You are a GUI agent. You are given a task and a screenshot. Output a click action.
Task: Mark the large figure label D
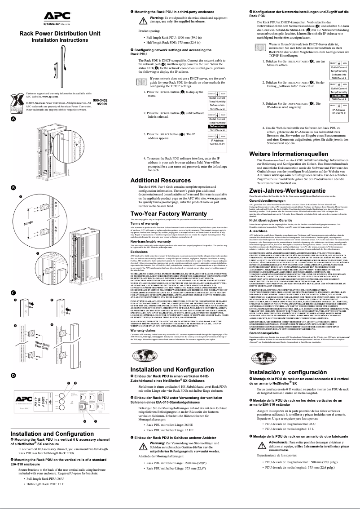click(x=13, y=375)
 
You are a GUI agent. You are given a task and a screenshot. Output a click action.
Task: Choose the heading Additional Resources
click(x=161, y=180)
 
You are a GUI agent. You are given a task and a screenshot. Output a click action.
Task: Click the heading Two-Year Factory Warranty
click(x=168, y=213)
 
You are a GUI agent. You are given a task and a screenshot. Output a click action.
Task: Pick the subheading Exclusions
click(x=138, y=252)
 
